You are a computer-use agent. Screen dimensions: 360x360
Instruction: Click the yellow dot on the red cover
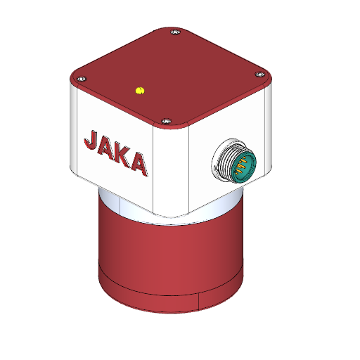[139, 89]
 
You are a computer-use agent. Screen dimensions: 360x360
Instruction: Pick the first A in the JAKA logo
[107, 148]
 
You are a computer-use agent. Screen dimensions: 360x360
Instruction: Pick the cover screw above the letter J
[82, 79]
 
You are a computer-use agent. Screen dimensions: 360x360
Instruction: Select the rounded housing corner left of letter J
[72, 130]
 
